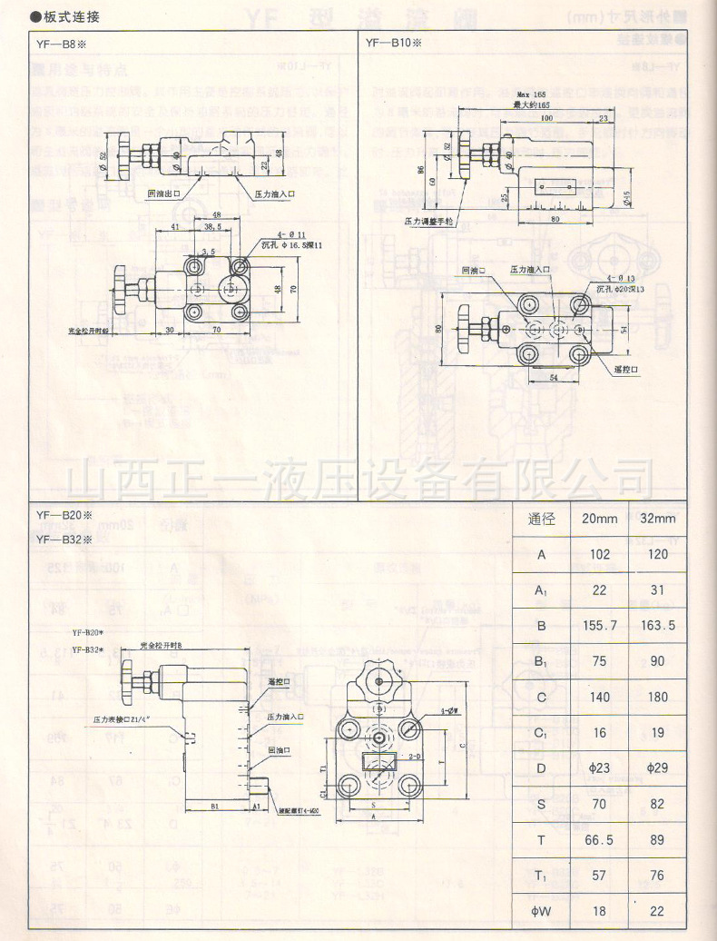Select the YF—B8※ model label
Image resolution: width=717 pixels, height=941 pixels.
(x=60, y=44)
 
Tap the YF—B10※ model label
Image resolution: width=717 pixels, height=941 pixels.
(x=394, y=44)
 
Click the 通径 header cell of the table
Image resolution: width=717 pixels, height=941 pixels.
(x=542, y=520)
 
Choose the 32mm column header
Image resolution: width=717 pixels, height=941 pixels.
(x=657, y=520)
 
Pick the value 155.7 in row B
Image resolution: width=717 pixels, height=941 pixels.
(x=599, y=626)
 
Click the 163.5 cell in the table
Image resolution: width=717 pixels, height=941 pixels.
(x=658, y=626)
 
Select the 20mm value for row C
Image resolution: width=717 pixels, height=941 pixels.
(x=599, y=697)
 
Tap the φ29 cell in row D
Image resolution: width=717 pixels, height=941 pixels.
(x=658, y=768)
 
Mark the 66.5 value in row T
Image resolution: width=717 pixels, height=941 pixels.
(x=599, y=840)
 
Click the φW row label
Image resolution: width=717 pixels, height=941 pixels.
(x=542, y=911)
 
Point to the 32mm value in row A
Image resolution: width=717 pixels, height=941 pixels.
(x=658, y=555)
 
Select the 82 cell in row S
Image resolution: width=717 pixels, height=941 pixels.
(x=658, y=804)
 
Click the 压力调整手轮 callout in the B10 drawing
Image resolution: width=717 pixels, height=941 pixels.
(x=427, y=221)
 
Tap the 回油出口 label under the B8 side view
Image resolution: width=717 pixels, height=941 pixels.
(x=164, y=193)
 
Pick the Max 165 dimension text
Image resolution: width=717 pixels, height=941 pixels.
(x=531, y=95)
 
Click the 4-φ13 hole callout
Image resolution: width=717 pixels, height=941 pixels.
(x=615, y=279)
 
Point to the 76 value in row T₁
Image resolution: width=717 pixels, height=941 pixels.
(x=658, y=876)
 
